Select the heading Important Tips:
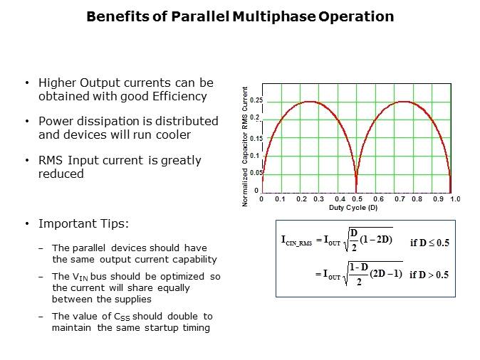coord(83,223)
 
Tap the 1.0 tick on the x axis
coord(455,200)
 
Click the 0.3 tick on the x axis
coord(319,200)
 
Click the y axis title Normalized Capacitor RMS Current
coord(246,147)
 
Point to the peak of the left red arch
coord(309,102)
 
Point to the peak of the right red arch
coord(404,102)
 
